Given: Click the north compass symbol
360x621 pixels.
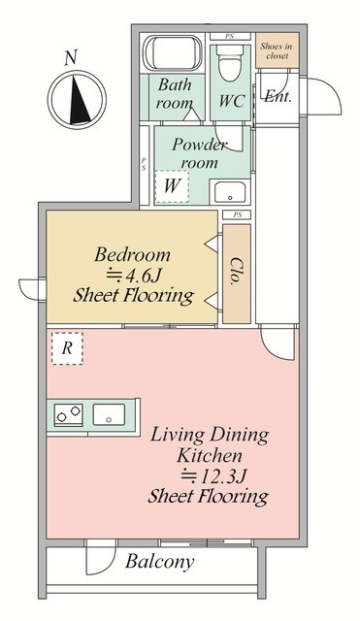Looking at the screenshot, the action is coord(77,99).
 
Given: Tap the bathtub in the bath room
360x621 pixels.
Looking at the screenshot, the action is coord(173,53).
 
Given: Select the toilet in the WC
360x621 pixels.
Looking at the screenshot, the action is coord(230,63).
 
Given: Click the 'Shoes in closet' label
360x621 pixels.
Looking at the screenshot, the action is coord(277,50).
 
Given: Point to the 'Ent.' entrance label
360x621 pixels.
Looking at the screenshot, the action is coord(278,96).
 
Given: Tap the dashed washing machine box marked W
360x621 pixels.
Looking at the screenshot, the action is coord(172,186).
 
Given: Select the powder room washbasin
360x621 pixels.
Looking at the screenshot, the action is coord(230,192).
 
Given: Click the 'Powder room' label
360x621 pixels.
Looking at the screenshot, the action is coord(200,153).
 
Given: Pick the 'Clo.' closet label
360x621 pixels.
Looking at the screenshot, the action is coord(237,272).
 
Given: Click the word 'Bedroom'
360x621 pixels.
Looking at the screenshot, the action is coord(133,254).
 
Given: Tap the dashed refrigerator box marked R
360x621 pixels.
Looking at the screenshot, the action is coord(67,348).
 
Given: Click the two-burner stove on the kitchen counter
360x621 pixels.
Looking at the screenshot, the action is coord(68,415).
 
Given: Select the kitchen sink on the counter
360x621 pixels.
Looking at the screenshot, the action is coord(109,414).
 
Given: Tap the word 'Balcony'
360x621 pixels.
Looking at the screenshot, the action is coord(160,562).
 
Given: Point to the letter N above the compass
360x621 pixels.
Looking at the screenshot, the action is coord(71,58).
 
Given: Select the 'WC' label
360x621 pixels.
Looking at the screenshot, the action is coord(232,101).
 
